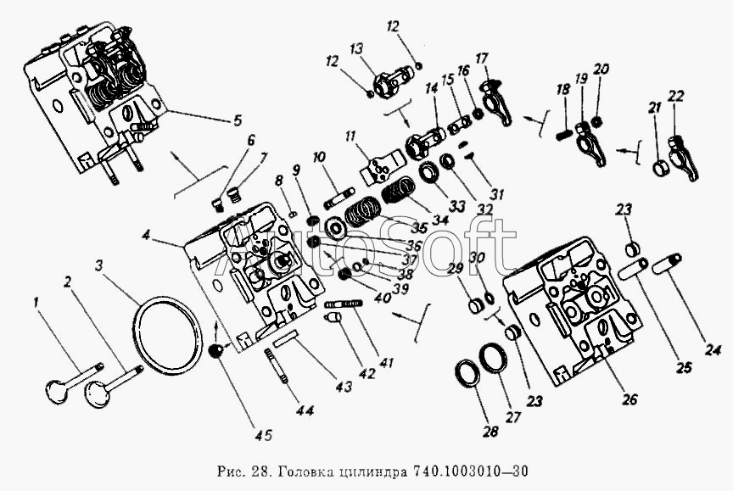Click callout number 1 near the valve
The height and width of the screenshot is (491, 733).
point(36,301)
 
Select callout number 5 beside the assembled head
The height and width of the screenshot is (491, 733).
point(237,120)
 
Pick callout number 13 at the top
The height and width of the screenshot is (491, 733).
point(355,47)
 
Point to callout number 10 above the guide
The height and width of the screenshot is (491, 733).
point(318,157)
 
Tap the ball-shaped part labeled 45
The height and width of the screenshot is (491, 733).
point(220,350)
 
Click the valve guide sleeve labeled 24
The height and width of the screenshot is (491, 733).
point(670,266)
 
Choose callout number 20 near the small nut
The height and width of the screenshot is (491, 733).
point(602,69)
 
